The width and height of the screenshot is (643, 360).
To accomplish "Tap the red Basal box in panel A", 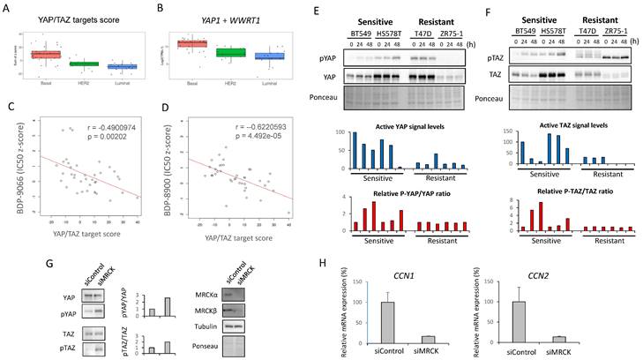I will click(43, 55).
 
